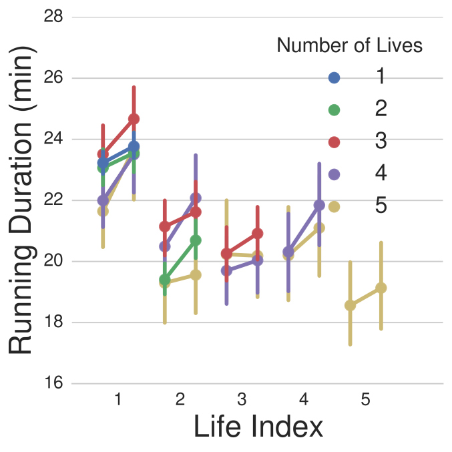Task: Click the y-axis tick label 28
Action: (53, 16)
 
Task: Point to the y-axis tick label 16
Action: (53, 383)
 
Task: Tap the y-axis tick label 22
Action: (53, 200)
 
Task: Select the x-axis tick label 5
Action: (366, 400)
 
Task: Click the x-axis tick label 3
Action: (242, 400)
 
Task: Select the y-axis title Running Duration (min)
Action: (24, 200)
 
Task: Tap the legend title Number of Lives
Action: (349, 45)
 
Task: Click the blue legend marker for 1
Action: (334, 77)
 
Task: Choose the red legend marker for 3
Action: (334, 142)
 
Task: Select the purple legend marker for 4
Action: (334, 174)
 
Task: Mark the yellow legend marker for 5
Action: (334, 206)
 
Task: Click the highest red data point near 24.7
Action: (134, 119)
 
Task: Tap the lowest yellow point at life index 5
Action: (350, 305)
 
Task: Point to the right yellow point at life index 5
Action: (381, 288)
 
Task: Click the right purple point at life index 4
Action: (319, 205)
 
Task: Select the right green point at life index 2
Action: (196, 240)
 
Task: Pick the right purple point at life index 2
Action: (196, 198)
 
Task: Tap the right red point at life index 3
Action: (257, 233)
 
